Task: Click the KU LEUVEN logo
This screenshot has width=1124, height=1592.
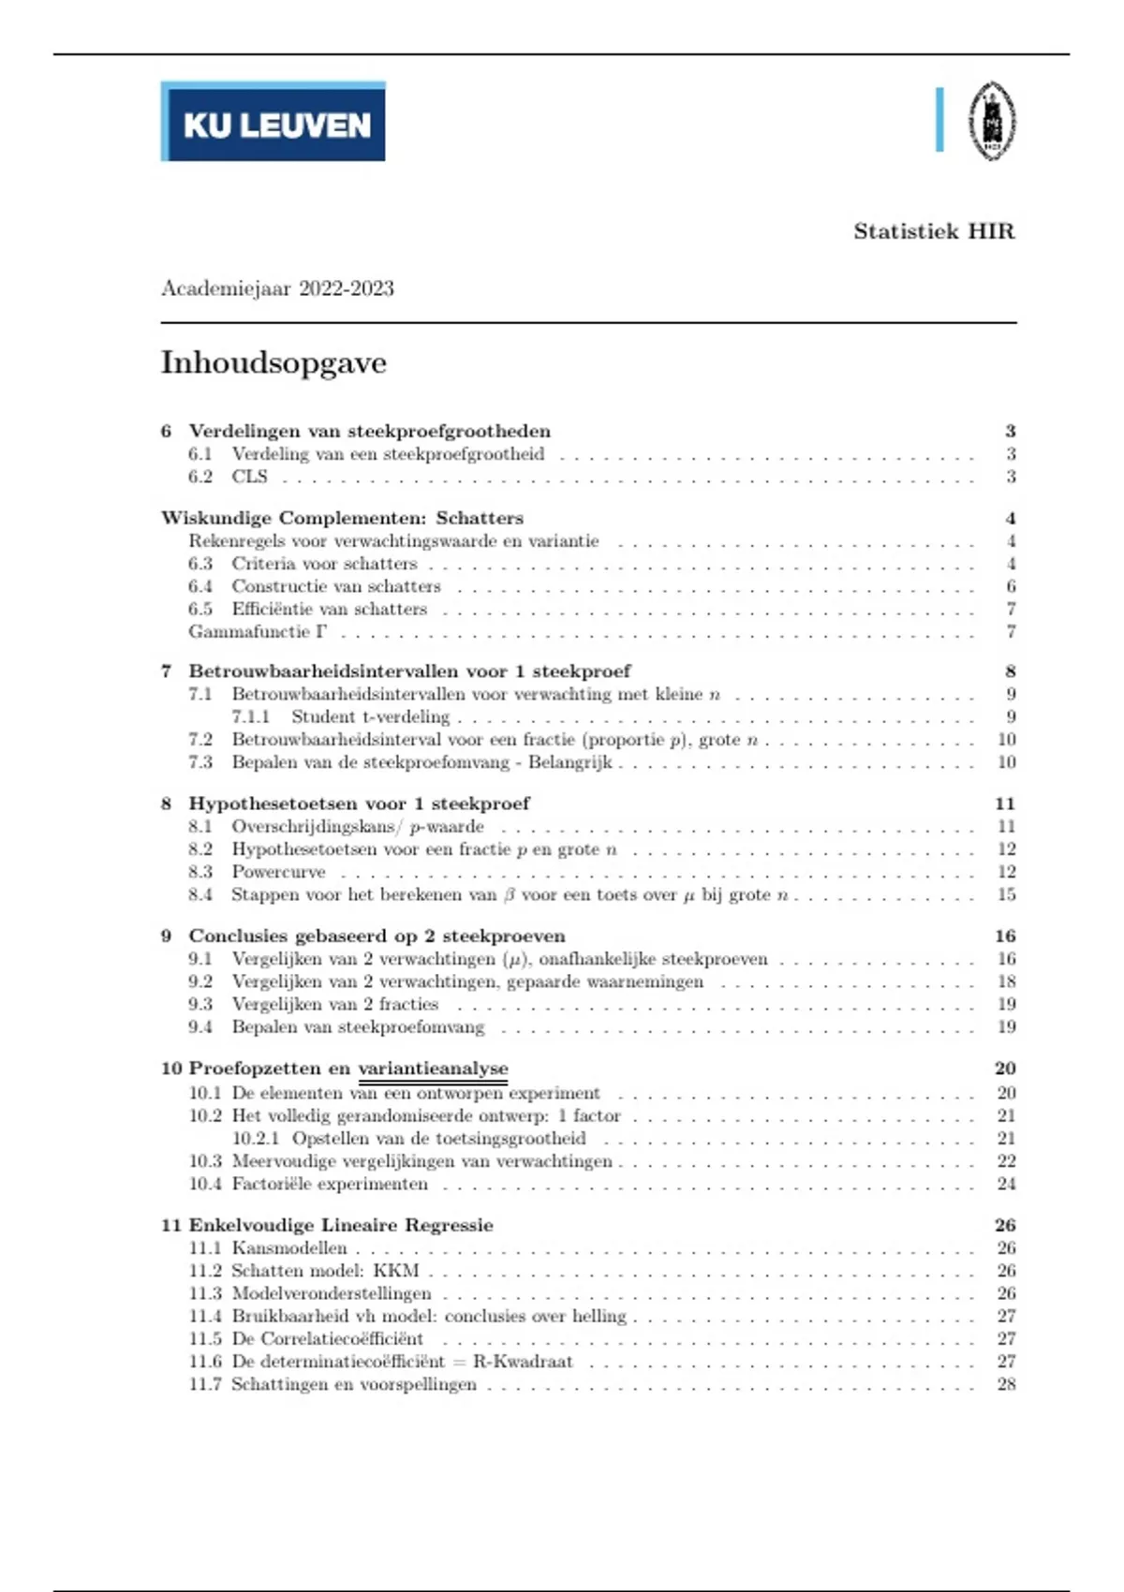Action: point(274,122)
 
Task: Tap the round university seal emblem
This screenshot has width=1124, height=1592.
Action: point(992,121)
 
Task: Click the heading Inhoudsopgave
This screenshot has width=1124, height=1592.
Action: point(274,362)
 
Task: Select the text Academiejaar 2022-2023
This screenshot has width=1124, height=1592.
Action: point(277,288)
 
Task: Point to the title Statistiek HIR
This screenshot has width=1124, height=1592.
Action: point(934,231)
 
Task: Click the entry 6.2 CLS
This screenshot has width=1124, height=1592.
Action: point(249,477)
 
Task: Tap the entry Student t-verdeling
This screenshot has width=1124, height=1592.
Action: point(370,717)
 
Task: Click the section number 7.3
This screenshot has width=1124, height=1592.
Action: point(200,762)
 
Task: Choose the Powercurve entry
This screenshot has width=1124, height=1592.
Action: point(278,872)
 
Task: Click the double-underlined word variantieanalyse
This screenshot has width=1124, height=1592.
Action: point(433,1069)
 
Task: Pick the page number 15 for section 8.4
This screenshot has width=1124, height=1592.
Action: point(1006,895)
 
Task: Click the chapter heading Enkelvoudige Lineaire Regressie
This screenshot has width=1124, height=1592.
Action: point(341,1226)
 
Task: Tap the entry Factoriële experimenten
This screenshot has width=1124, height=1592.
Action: point(330,1185)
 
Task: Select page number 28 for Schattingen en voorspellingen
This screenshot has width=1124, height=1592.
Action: point(1006,1385)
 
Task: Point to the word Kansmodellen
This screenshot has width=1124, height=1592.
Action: point(289,1248)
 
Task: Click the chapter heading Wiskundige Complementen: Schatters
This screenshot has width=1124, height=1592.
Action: point(342,519)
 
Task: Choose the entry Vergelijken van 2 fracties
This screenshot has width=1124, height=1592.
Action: point(334,1005)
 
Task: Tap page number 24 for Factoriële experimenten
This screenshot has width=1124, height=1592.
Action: point(1006,1185)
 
